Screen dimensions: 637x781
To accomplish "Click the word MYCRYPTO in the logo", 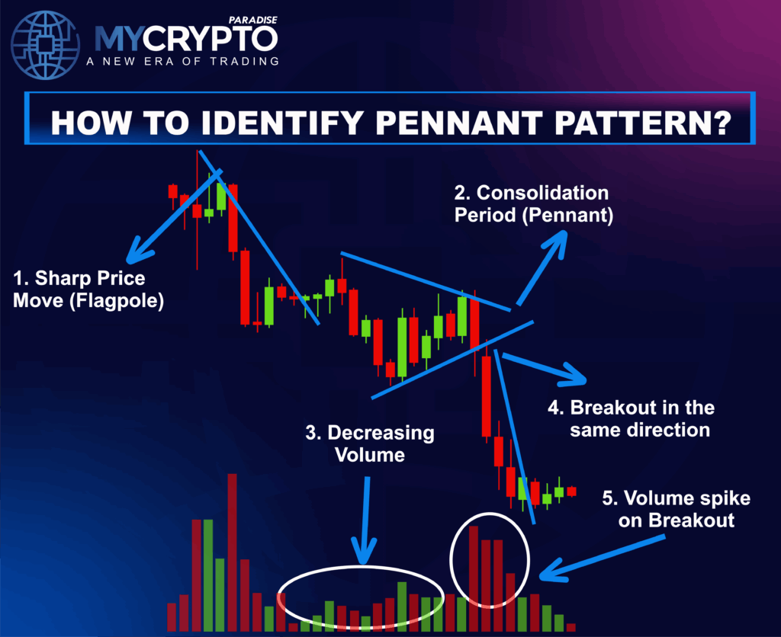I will (x=186, y=38).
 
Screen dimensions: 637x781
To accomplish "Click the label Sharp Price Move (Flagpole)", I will (x=88, y=289).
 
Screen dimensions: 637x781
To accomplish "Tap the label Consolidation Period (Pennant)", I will (x=533, y=203).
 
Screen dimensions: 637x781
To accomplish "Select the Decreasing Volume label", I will (x=369, y=443).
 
